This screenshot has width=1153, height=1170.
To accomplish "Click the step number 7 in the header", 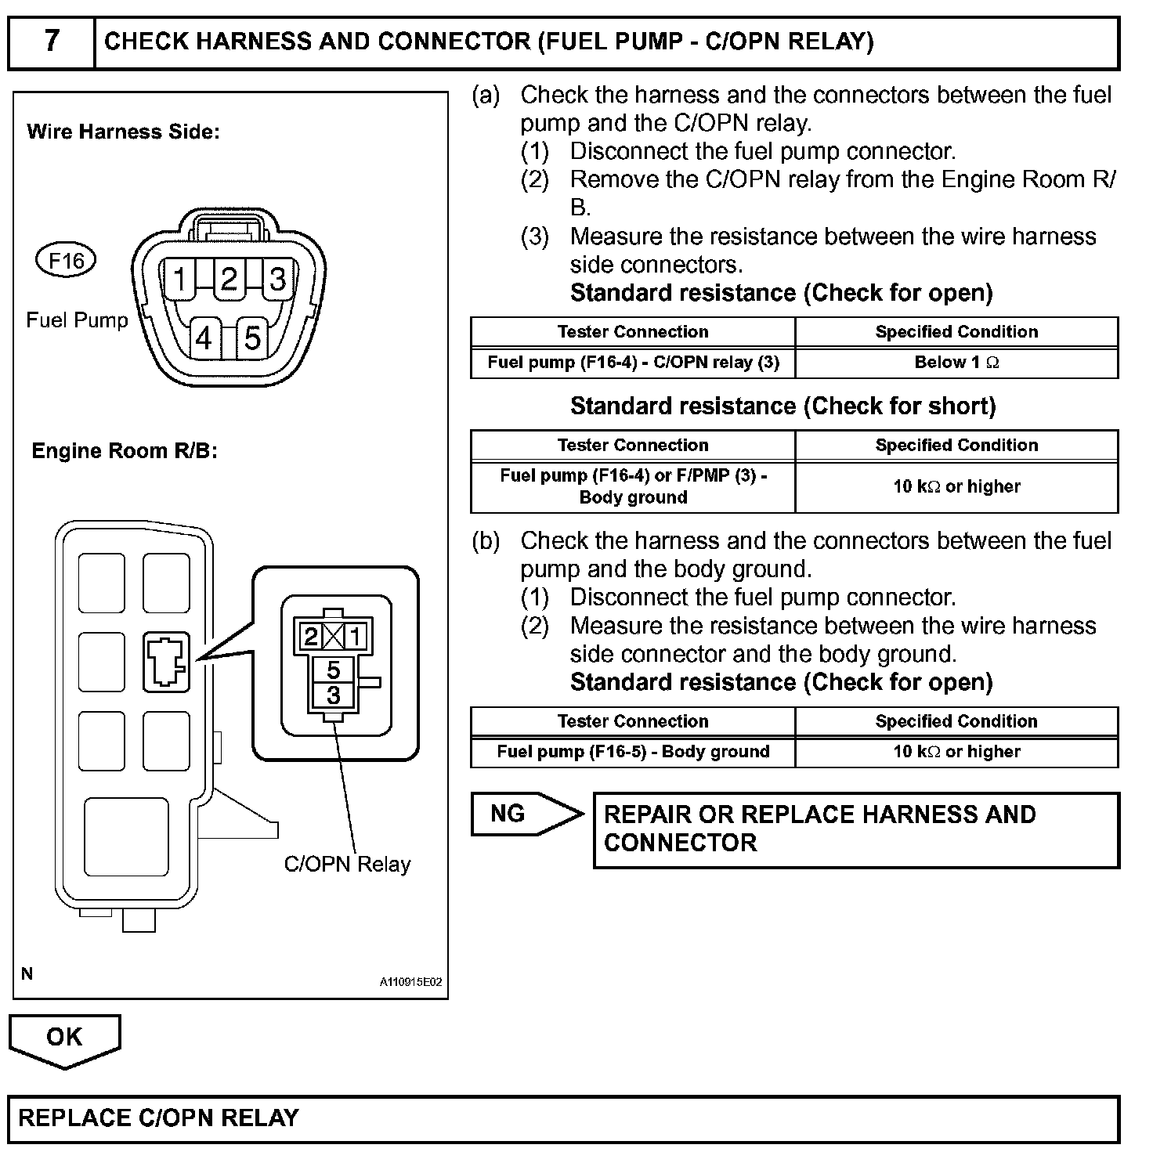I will [x=52, y=41].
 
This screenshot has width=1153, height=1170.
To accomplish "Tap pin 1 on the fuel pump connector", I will [x=180, y=278].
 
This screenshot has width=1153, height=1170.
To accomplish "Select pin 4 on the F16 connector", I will [x=204, y=338].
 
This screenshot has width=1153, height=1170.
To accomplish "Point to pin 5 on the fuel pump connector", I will [x=251, y=338].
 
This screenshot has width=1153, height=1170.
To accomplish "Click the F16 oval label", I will [x=66, y=260].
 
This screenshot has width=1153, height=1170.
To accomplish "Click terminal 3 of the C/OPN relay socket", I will [x=334, y=695].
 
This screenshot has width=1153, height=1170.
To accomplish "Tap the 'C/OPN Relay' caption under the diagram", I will [x=347, y=865].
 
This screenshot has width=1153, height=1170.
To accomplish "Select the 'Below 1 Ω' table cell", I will [x=956, y=363].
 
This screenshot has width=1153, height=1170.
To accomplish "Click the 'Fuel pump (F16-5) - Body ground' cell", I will [x=633, y=752].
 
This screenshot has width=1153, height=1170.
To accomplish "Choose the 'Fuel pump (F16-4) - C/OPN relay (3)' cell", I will [x=633, y=363].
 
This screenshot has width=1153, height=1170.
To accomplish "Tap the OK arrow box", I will [x=64, y=1038].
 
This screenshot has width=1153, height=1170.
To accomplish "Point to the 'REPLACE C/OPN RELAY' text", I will [x=159, y=1118].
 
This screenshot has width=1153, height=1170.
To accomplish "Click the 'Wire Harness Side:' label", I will [x=124, y=132].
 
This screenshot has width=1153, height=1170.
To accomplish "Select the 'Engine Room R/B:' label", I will [x=125, y=451].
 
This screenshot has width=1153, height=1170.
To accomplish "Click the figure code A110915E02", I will [x=411, y=982].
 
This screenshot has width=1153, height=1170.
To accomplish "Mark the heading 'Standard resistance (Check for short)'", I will [x=783, y=406].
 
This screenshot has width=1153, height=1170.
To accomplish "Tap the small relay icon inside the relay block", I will [x=166, y=662].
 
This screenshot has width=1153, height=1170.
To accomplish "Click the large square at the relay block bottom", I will [x=126, y=837].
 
